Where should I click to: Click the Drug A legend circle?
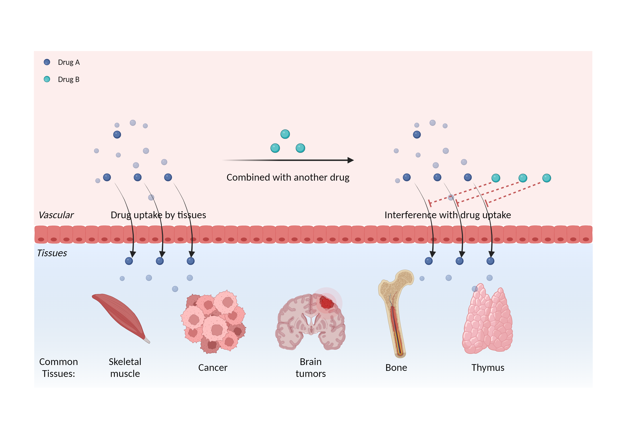[x=47, y=62]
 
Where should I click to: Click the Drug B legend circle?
[x=47, y=79]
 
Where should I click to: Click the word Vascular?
[x=56, y=215]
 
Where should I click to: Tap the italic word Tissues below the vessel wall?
[x=52, y=253]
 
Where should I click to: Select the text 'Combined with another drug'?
[x=288, y=177]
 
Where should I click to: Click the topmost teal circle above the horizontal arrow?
[x=285, y=134]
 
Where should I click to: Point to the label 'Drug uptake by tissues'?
[x=158, y=215]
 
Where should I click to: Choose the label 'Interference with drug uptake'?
[x=448, y=215]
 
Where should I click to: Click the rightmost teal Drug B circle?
[x=547, y=178]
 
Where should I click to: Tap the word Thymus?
[x=488, y=368]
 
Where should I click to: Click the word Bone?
[x=396, y=368]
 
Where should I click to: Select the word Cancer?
[x=213, y=368]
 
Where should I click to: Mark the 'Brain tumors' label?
[x=311, y=368]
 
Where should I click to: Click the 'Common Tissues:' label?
[x=59, y=368]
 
